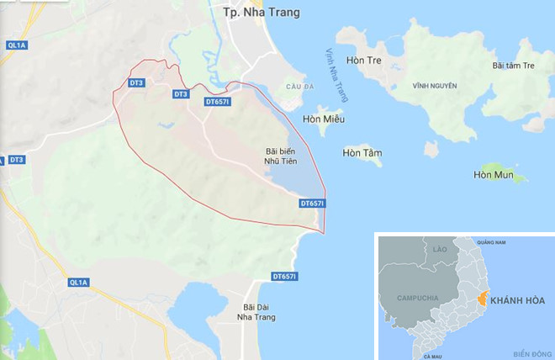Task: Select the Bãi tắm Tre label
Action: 513,66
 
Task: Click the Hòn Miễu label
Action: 324,119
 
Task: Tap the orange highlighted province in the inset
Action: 480,297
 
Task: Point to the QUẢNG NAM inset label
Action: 489,242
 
